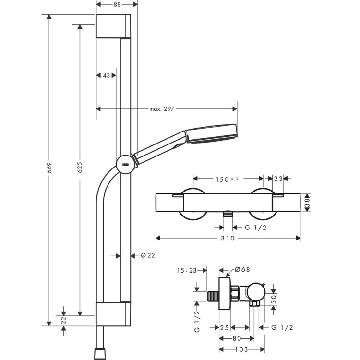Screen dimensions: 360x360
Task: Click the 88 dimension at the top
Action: (117, 4)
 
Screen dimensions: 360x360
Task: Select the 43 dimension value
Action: (107, 75)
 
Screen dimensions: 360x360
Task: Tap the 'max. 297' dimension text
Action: (161, 109)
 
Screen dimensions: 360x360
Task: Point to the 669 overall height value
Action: (49, 168)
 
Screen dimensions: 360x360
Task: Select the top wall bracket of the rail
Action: (113, 26)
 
